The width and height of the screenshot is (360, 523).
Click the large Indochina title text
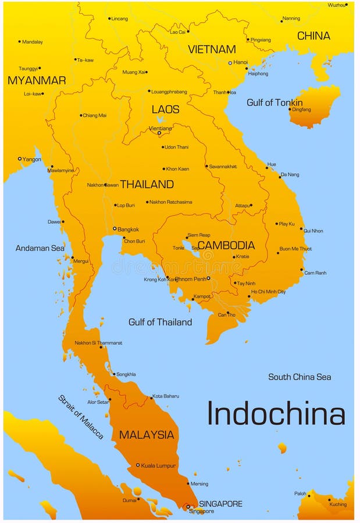coord(276,414)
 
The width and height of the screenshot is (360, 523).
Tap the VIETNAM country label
coord(212,49)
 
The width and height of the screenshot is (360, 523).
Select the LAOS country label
coord(165,109)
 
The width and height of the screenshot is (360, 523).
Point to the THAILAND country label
coord(147,184)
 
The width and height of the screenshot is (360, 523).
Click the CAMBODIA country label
coord(226,245)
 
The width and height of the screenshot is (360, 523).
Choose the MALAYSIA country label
coord(147,435)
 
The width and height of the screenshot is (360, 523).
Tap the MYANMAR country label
coord(37,80)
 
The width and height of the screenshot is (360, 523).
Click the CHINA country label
coord(313,36)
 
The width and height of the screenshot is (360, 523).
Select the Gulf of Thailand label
coord(160,322)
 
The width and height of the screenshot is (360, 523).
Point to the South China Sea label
coord(300,377)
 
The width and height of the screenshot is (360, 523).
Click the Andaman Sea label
coord(40,248)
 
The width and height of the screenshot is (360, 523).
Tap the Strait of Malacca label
coord(80,417)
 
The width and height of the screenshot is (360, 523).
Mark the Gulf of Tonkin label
coord(274,102)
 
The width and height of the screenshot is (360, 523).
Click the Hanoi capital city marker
coord(230,63)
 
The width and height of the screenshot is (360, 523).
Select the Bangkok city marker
coord(115,228)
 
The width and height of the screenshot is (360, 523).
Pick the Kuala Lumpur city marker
coord(138,465)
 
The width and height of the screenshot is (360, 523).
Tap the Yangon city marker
coord(19,159)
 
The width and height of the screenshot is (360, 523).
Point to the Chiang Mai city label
coord(94,115)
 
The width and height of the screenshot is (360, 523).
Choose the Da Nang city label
coord(290,174)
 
